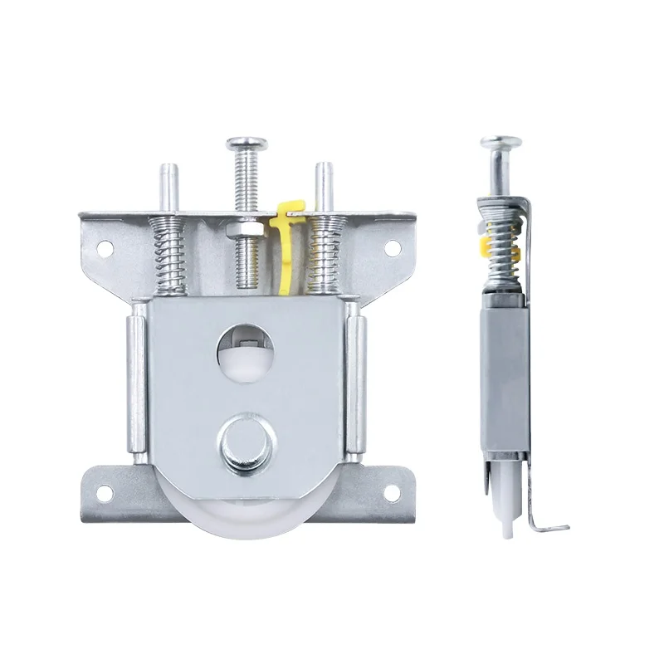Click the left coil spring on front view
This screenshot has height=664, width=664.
[168, 254]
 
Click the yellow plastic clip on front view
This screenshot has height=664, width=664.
[285, 241]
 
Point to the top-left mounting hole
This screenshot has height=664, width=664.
[105, 246]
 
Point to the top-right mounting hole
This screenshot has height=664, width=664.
[391, 246]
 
